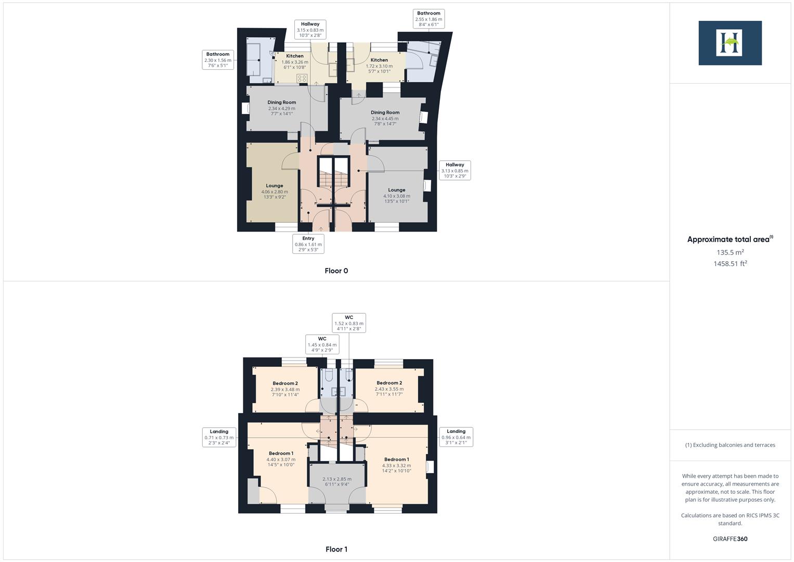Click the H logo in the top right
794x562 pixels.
[730, 43]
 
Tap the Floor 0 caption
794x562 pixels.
[336, 271]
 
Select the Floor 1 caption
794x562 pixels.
[336, 549]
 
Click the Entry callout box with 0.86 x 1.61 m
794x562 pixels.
[308, 244]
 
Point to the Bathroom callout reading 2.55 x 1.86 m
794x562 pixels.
[428, 19]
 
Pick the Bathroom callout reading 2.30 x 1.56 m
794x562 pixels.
[217, 60]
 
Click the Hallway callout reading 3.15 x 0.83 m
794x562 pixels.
[310, 30]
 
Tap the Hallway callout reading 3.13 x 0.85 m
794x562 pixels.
[454, 170]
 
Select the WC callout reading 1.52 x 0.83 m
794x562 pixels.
[349, 323]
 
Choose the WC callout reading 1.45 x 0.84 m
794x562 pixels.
[322, 344]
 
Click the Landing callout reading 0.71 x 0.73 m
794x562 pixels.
[219, 437]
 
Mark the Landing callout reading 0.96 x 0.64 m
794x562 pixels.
[456, 437]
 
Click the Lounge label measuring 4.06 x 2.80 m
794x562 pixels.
[275, 191]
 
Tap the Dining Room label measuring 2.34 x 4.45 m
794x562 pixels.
[385, 118]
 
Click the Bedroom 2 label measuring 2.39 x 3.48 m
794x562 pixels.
[285, 389]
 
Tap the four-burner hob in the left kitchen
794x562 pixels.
[302, 79]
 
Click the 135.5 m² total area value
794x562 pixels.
[730, 252]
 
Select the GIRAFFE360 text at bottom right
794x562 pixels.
[730, 539]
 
